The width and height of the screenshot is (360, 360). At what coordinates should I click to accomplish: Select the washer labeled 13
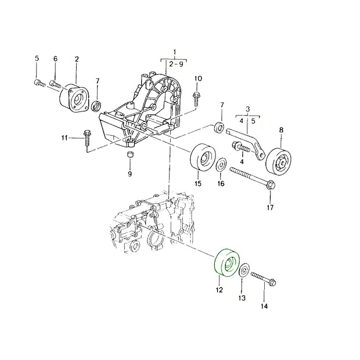pos(244,270)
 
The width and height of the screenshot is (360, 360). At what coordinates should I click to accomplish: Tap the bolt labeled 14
pos(264,279)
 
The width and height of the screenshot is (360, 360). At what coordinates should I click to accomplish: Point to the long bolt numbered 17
pos(253,177)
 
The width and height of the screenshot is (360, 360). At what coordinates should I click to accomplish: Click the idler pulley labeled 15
pos(203,157)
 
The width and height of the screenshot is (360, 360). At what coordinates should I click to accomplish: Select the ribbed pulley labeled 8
pos(279,161)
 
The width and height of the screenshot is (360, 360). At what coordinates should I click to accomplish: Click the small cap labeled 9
pos(131,154)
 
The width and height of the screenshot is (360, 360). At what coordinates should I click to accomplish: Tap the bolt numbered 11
pos(87,138)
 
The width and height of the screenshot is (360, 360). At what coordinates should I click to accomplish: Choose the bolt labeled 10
pos(196,99)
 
